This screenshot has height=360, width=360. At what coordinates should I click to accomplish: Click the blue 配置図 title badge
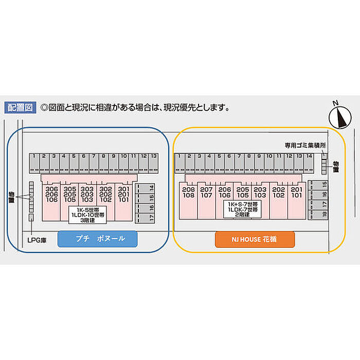coord(19,107)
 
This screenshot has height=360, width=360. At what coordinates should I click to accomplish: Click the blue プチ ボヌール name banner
coord(98,239)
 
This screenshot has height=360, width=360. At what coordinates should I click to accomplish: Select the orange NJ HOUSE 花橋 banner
coord(255,239)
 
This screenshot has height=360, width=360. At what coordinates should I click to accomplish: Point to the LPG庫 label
coord(37,239)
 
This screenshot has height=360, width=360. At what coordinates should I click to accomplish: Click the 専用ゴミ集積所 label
coord(305,146)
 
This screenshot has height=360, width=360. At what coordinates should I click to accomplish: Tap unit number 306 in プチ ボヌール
coord(51,189)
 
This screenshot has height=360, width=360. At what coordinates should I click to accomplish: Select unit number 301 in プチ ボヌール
coord(124,189)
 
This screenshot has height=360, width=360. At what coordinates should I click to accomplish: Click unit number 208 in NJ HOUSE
coord(188,189)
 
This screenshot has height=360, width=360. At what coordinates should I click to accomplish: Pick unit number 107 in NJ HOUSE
coord(207,195)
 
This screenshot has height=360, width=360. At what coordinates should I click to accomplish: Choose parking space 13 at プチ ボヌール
coord(153,155)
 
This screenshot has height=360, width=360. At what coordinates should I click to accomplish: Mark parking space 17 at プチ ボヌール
coord(152,218)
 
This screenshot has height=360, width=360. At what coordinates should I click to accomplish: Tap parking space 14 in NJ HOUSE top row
coord(309,155)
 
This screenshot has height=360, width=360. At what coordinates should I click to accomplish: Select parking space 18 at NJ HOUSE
coord(325,214)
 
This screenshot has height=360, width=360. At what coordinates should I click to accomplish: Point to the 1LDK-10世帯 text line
coord(89,215)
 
